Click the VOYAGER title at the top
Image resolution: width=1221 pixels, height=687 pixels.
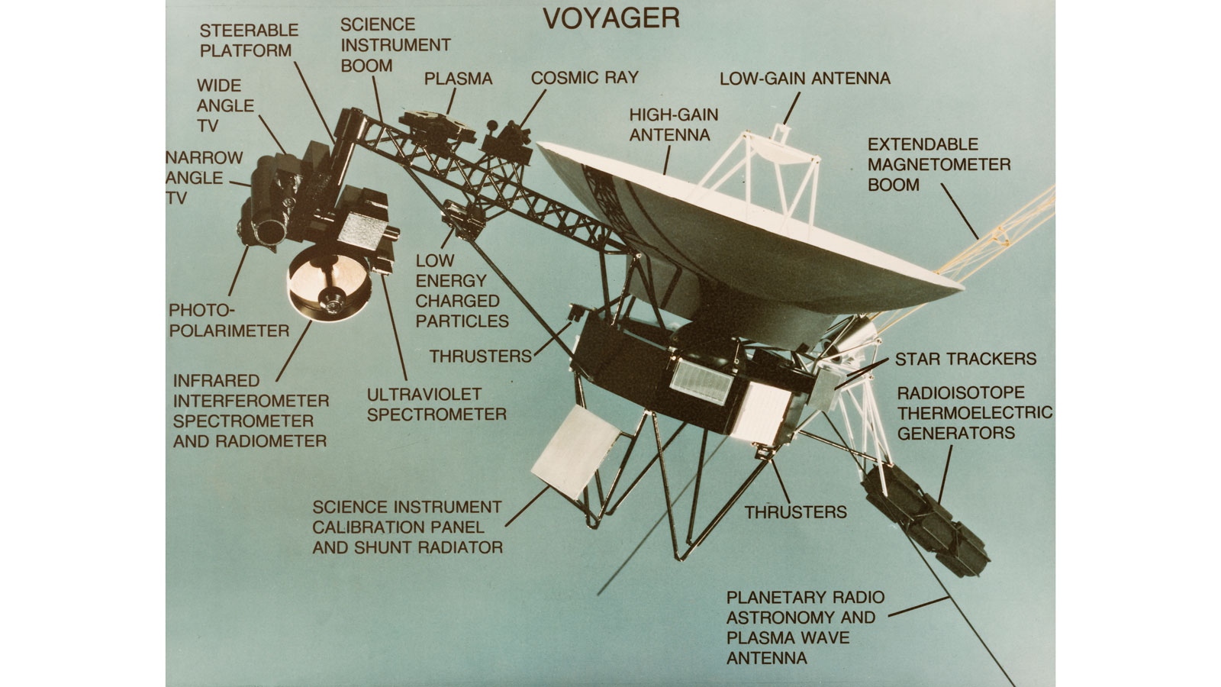tap(611, 18)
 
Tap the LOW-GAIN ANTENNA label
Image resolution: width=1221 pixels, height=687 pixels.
tap(805, 79)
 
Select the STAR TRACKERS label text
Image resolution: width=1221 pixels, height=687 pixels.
tap(965, 359)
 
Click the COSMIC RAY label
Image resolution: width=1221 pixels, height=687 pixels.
tap(585, 78)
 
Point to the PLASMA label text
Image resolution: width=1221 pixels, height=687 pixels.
tap(458, 79)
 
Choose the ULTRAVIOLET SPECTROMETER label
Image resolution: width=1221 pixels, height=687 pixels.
tap(437, 404)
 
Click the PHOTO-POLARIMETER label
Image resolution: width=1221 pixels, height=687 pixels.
tap(229, 321)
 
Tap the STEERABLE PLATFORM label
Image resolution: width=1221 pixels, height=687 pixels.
tap(249, 40)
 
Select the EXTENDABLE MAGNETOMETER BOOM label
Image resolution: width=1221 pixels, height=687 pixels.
tap(939, 165)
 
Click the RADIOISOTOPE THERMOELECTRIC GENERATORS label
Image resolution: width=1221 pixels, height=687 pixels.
tap(975, 413)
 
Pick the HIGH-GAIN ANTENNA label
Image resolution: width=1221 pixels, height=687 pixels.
tap(674, 125)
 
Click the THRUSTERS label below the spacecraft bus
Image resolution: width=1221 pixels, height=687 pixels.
tap(796, 512)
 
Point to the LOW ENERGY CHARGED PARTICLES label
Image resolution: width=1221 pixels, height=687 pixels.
tap(462, 291)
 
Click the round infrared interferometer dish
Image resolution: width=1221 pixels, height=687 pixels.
tap(330, 283)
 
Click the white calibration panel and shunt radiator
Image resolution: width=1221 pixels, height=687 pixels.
tap(575, 451)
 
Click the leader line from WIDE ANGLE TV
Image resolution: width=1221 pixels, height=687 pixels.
tap(272, 134)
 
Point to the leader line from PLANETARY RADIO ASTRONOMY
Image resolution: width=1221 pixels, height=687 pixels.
tap(919, 606)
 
